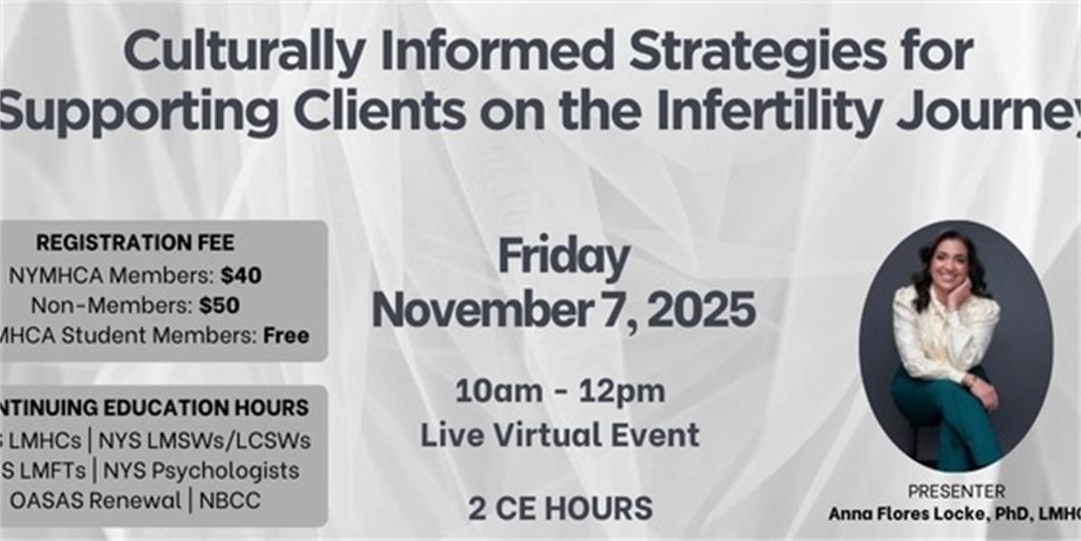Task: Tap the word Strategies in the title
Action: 728,54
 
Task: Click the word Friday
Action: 564,258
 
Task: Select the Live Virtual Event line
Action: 559,435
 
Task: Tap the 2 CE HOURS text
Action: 559,509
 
